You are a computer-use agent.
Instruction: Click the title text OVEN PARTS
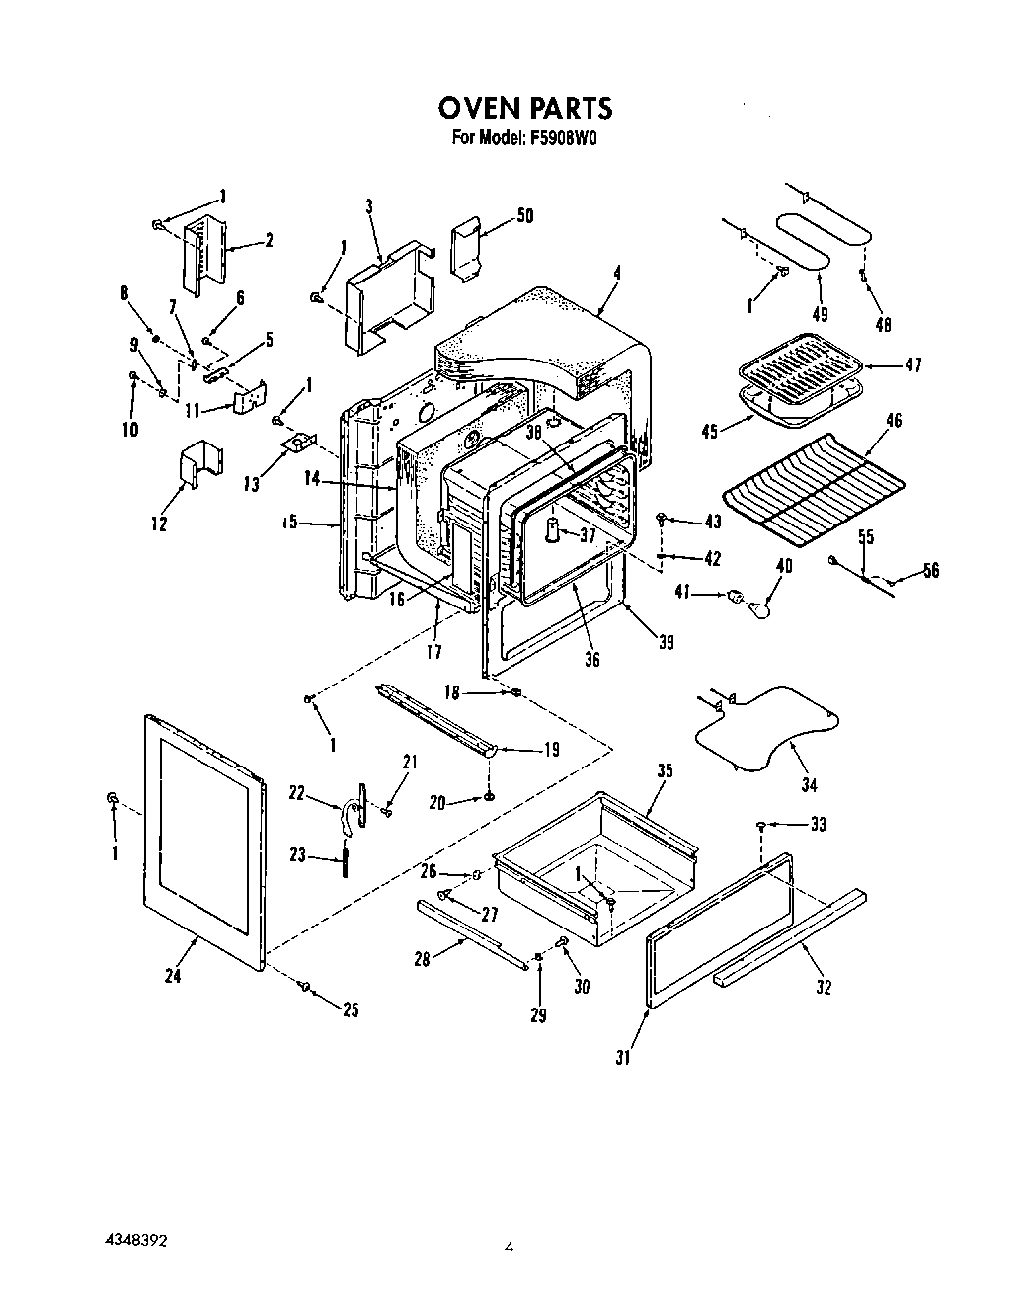pos(524,106)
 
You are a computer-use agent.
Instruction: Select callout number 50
pos(524,215)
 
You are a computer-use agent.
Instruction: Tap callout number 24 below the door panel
pos(173,976)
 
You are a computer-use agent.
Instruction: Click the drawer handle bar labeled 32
pos(790,933)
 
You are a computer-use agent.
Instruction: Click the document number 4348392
pos(140,1236)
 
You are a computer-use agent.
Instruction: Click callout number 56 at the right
pos(930,570)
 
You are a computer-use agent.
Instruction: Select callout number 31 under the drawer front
pos(622,1058)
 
